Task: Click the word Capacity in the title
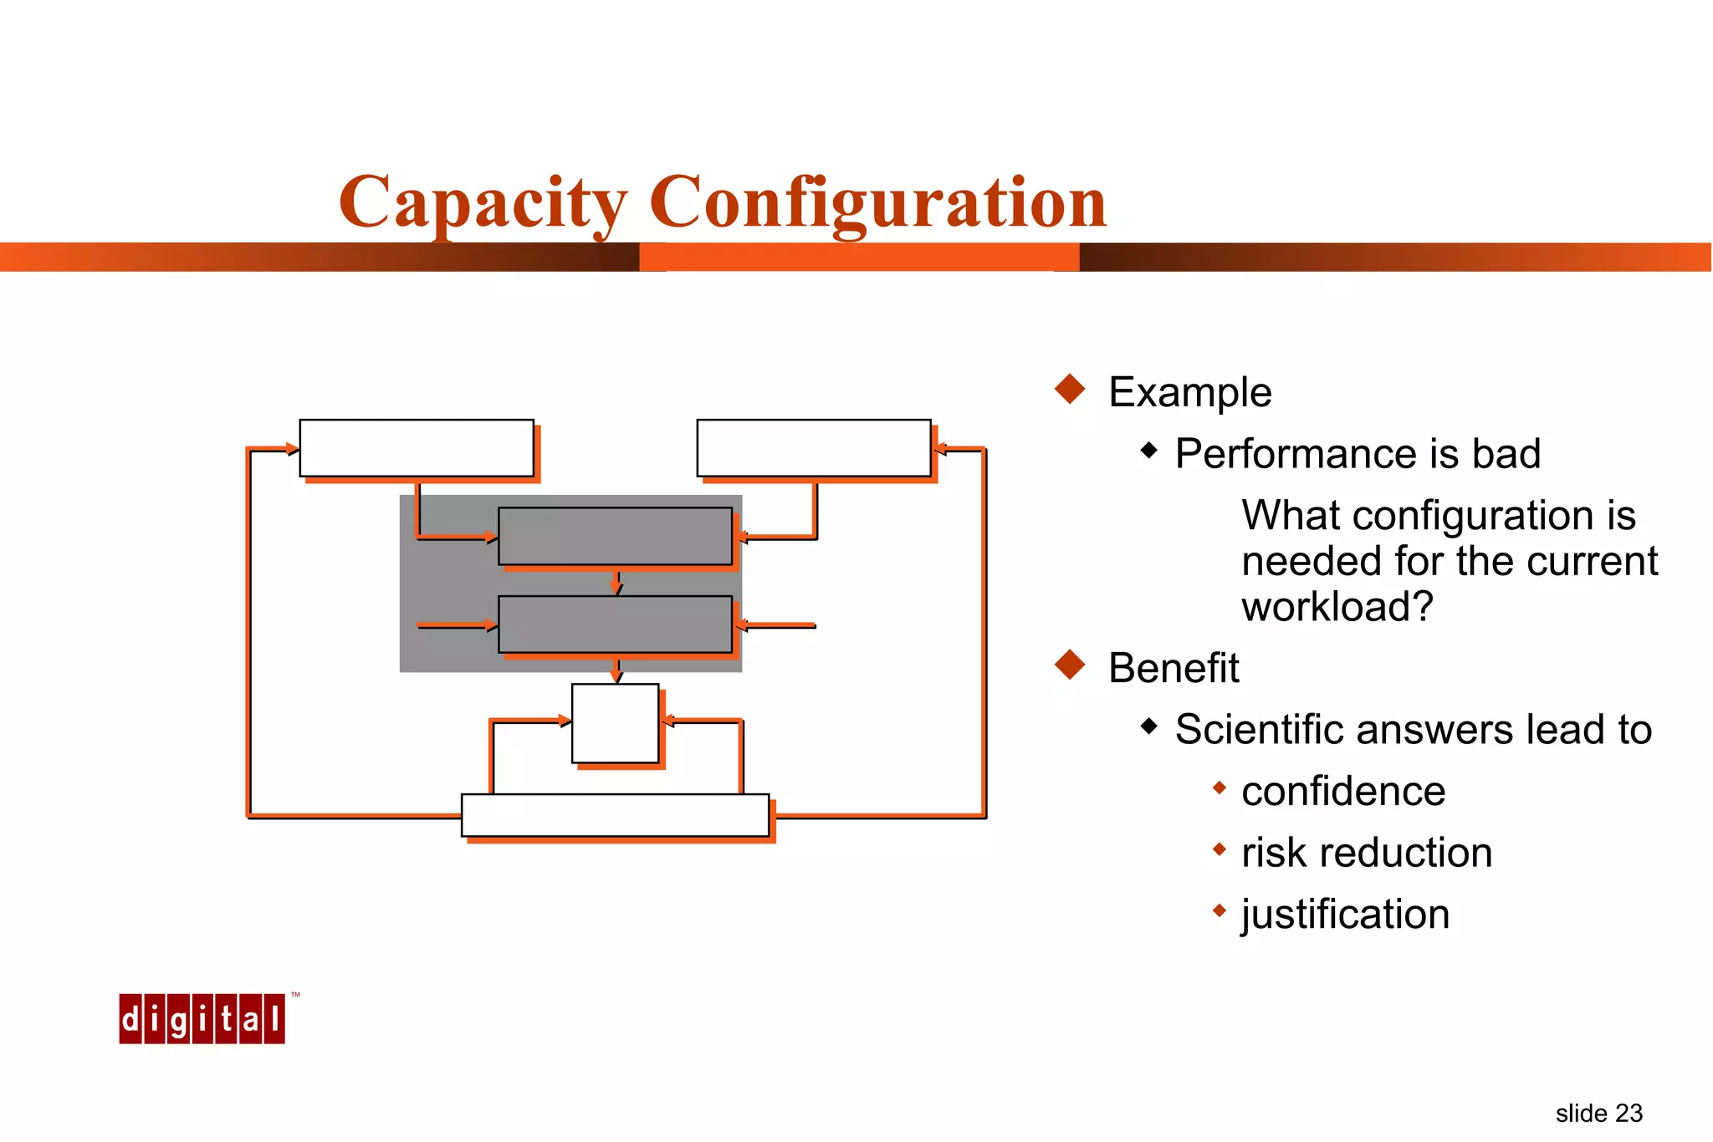click(483, 202)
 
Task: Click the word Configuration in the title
click(877, 202)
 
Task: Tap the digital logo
click(202, 1018)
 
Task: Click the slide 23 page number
click(1598, 1113)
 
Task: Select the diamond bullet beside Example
click(1070, 389)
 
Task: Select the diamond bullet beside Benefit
click(1070, 665)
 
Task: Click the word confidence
click(1342, 791)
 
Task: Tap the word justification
click(1345, 914)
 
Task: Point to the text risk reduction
click(1366, 853)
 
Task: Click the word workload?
click(1337, 606)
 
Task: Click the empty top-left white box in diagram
click(417, 448)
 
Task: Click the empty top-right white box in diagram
click(813, 448)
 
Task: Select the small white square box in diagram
click(615, 723)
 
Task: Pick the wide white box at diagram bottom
click(615, 815)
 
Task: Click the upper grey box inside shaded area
click(615, 536)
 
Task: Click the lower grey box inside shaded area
click(615, 625)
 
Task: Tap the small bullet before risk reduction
click(1219, 849)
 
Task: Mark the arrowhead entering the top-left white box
click(292, 449)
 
